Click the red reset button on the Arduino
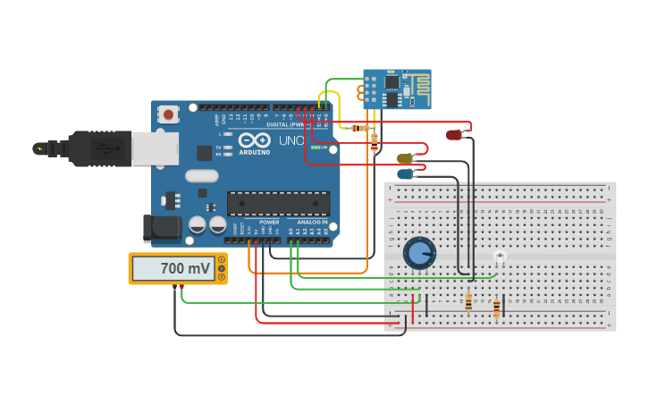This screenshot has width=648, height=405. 167,114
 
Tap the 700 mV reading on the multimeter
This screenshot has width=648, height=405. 185,268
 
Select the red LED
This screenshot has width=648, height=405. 454,135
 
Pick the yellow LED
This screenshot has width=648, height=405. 405,158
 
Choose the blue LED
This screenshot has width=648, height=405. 406,173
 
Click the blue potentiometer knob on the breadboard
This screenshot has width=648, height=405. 418,253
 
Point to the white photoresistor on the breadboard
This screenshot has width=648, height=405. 500,257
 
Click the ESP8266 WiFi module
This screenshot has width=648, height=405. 397,89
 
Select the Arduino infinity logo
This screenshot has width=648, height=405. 255,139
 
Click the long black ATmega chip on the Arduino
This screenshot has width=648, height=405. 278,204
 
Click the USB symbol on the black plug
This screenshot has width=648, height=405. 104,148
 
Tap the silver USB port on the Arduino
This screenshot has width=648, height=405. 155,148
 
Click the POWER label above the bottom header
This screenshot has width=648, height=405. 268,222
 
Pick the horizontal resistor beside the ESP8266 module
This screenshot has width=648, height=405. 360,128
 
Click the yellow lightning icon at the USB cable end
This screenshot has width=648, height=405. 38,148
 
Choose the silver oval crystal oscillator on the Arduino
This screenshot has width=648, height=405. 202,176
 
